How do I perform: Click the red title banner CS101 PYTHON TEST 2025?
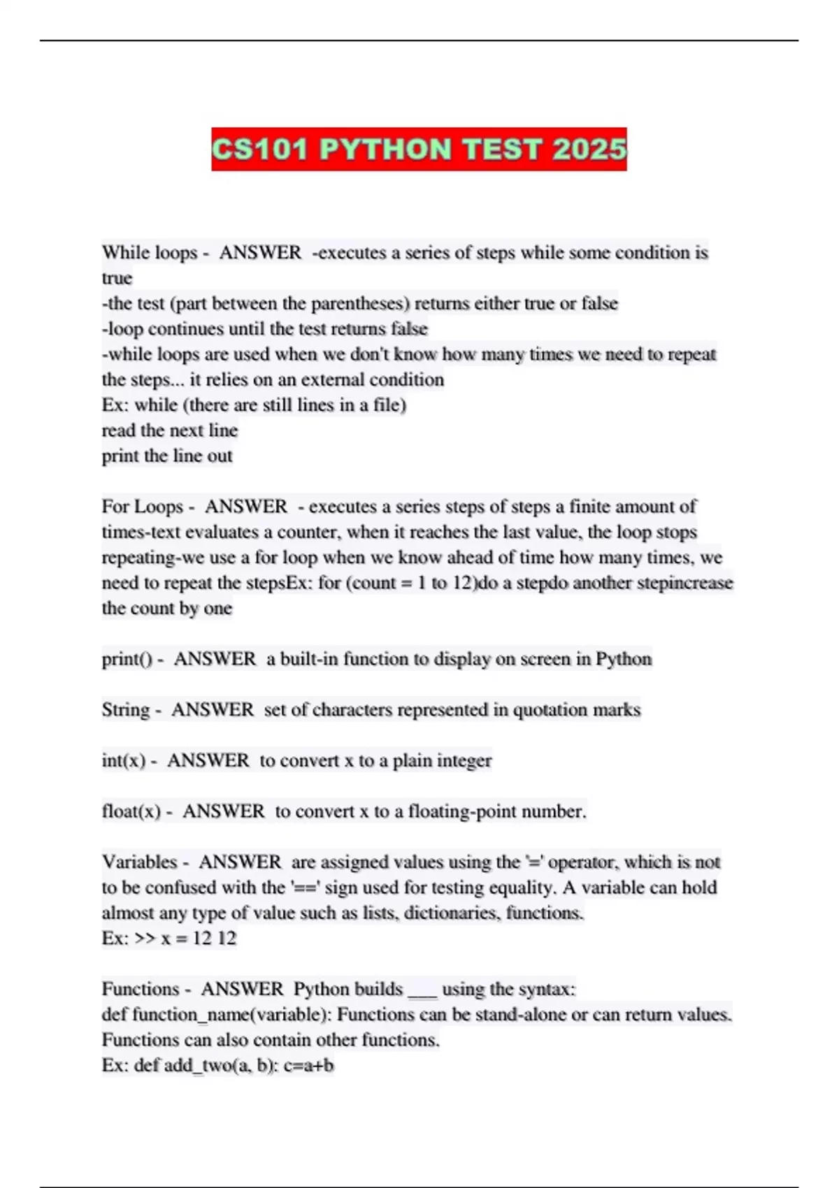pos(419,149)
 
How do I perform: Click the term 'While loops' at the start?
pos(150,252)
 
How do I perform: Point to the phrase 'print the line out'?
pos(167,456)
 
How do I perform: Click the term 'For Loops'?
pos(143,506)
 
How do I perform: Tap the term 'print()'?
pos(127,659)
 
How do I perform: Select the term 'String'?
pos(126,710)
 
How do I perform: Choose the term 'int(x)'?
pos(124,760)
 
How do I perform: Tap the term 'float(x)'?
pos(131,811)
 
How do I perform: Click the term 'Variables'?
pos(140,862)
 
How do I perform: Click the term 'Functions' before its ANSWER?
pos(141,989)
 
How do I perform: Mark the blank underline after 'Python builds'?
pos(422,991)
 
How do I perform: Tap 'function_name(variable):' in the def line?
pos(231,1015)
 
